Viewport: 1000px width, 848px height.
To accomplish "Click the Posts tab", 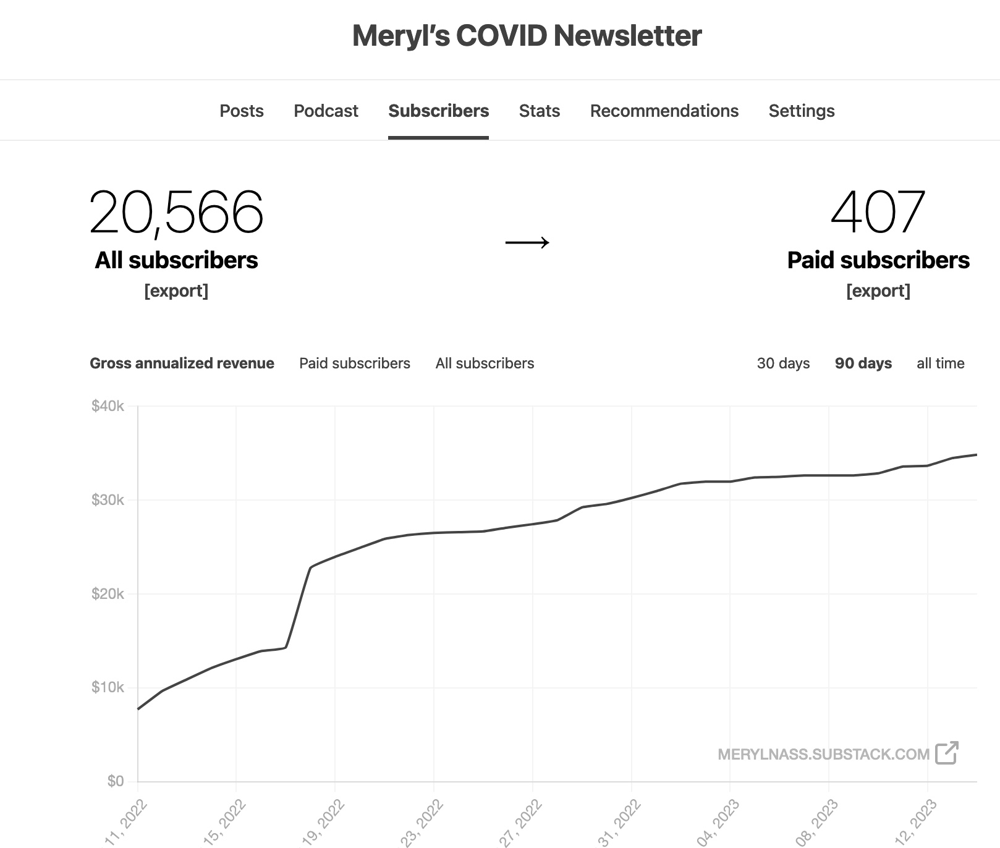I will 242,111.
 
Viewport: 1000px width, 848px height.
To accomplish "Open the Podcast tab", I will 326,111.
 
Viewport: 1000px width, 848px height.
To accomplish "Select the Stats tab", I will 539,111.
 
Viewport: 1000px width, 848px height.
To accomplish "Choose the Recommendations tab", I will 664,111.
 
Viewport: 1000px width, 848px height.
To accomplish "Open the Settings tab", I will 801,111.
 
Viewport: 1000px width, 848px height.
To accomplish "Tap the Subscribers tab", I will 438,111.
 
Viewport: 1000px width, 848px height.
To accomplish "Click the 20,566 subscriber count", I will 176,213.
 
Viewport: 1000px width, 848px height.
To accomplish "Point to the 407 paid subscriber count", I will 878,213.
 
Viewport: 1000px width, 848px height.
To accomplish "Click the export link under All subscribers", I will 176,290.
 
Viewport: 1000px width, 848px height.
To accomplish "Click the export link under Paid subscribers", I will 878,290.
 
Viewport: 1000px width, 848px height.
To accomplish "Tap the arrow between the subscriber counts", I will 527,242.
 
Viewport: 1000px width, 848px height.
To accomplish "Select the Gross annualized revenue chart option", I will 182,363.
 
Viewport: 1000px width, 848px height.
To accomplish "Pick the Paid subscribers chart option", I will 355,363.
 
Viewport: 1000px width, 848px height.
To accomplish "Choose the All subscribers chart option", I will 485,363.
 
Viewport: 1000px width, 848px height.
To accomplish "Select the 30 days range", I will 783,363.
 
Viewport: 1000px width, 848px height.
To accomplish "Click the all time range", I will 940,363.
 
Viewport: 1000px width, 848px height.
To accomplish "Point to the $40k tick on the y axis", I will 108,406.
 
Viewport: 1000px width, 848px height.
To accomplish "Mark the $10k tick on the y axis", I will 108,687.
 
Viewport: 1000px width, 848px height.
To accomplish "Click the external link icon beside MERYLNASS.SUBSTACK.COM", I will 946,753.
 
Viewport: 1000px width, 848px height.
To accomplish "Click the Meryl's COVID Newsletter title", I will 527,36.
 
